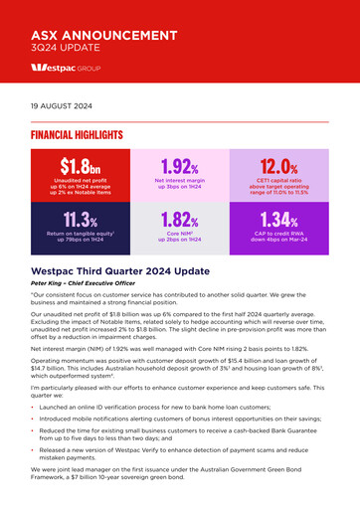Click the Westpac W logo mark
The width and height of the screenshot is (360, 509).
(x=42, y=73)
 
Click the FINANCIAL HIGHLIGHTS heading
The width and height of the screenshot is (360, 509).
(x=77, y=134)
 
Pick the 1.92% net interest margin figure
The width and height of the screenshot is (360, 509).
(x=180, y=165)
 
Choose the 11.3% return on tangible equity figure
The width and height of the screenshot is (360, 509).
(x=81, y=219)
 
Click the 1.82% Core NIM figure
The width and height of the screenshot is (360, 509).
(x=180, y=219)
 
